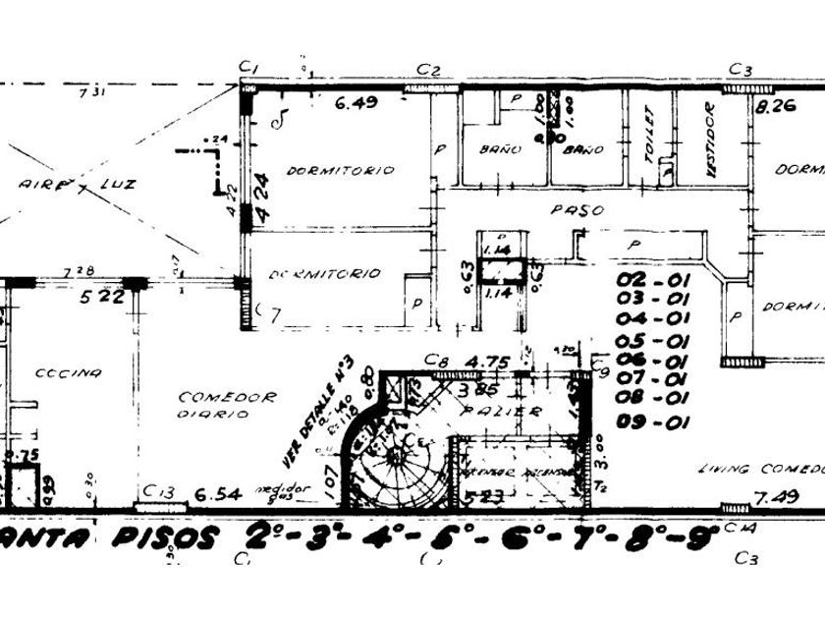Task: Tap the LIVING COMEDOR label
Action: pos(761,470)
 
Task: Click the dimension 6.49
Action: pos(356,102)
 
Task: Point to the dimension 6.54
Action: pos(217,494)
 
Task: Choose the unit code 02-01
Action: pos(653,279)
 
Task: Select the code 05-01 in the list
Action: pos(653,341)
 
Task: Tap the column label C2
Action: pos(428,69)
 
